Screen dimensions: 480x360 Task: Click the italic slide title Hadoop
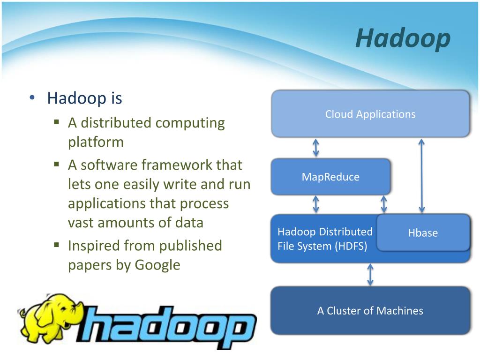403,38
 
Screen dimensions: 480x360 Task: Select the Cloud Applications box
370,113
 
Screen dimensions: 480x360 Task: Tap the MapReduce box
330,177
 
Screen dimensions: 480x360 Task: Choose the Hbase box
423,232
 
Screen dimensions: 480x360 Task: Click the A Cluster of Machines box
370,310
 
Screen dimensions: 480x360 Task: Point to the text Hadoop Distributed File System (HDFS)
325,239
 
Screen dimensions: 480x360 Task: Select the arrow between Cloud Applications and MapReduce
316,148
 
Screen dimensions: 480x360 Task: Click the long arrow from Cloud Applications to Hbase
421,176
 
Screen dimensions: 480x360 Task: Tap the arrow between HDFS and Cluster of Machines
370,275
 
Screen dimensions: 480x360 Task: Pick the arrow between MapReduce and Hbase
383,204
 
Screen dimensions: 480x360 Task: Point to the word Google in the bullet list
157,265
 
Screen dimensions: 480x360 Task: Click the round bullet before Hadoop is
32,98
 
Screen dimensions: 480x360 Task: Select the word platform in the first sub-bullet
96,142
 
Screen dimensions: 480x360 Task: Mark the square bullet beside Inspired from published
56,245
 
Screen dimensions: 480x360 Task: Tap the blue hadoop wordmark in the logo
167,326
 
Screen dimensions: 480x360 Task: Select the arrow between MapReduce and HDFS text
316,204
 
